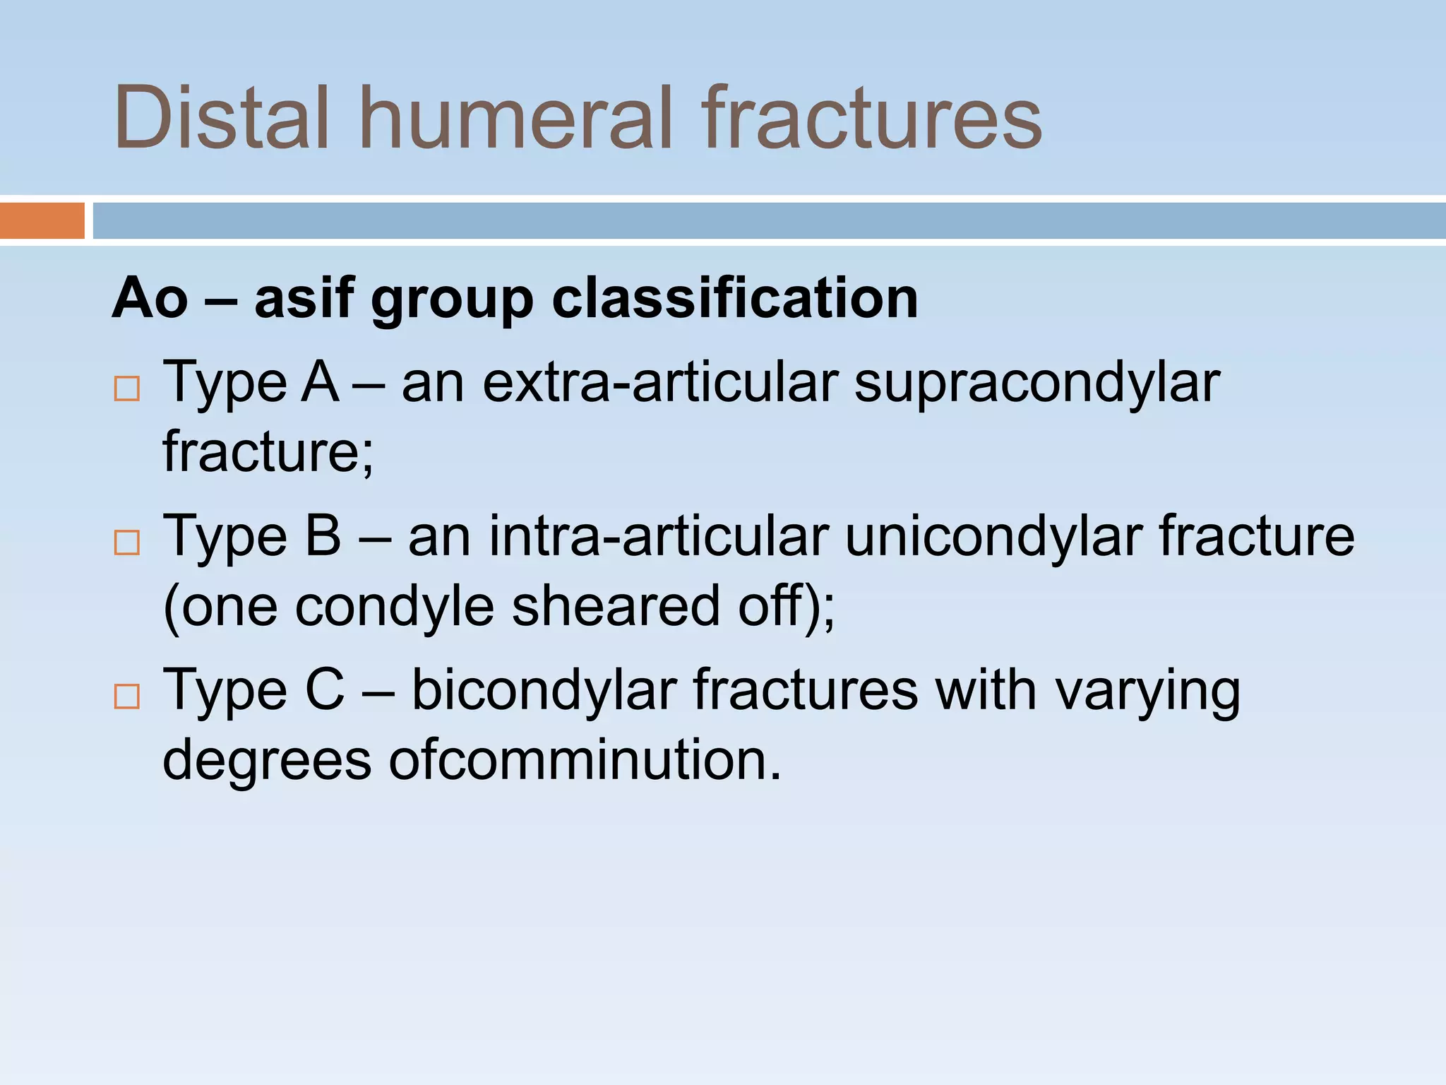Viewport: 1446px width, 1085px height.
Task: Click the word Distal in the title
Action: click(x=221, y=117)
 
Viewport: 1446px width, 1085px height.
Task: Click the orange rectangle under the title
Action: click(x=42, y=220)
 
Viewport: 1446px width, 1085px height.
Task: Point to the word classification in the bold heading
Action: click(x=734, y=298)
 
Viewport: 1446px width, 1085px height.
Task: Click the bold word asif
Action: click(x=304, y=298)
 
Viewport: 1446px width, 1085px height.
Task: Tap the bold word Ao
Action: click(x=150, y=298)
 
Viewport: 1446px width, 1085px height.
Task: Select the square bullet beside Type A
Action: click(x=127, y=389)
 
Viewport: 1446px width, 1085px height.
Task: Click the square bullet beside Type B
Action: click(x=127, y=542)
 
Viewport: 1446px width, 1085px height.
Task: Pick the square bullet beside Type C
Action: click(x=127, y=696)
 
